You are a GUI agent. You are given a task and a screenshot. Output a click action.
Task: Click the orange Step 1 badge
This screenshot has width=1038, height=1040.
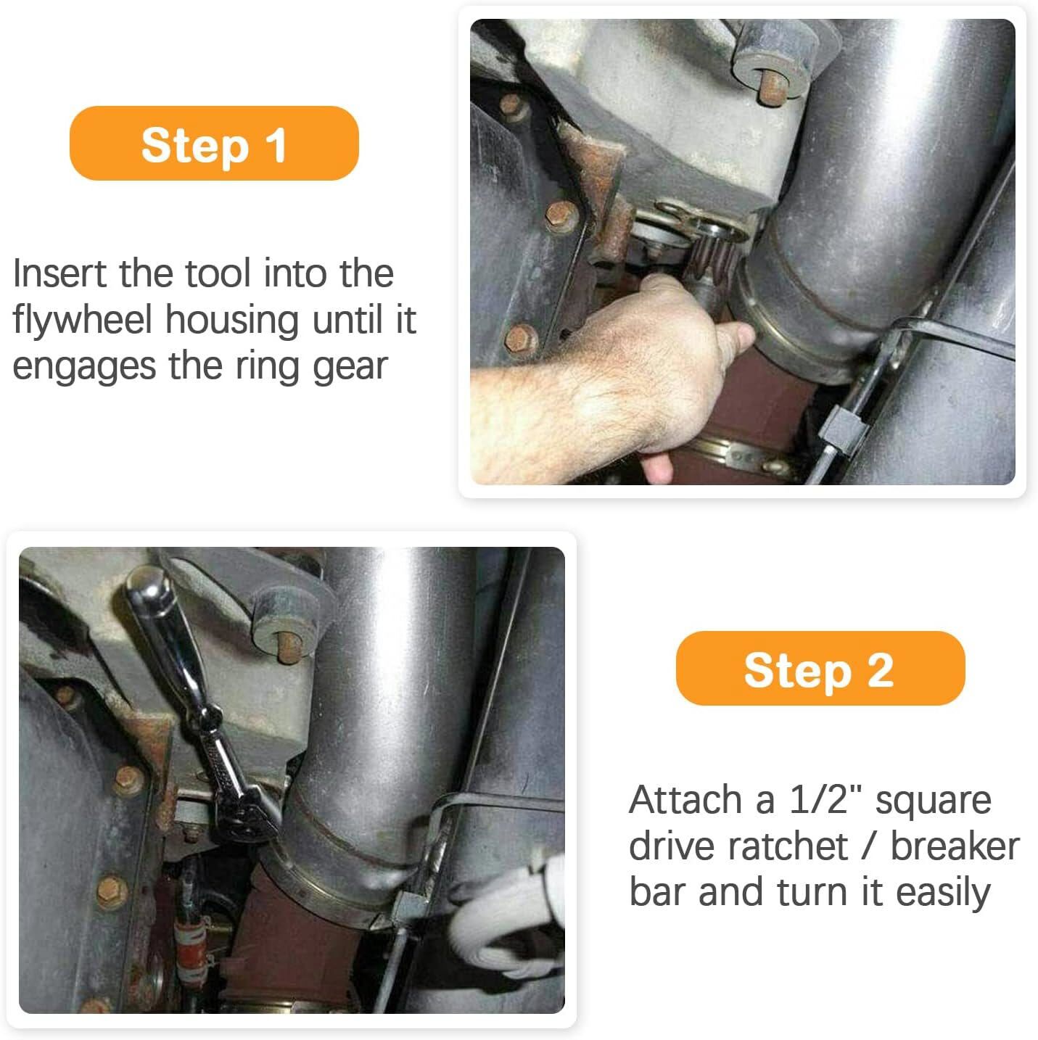point(214,144)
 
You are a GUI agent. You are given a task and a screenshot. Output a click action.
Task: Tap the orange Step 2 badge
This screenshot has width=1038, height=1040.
point(820,668)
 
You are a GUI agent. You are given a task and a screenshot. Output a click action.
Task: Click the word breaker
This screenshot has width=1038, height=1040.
point(955,846)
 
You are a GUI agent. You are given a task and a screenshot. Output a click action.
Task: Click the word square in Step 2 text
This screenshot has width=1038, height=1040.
point(933,801)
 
